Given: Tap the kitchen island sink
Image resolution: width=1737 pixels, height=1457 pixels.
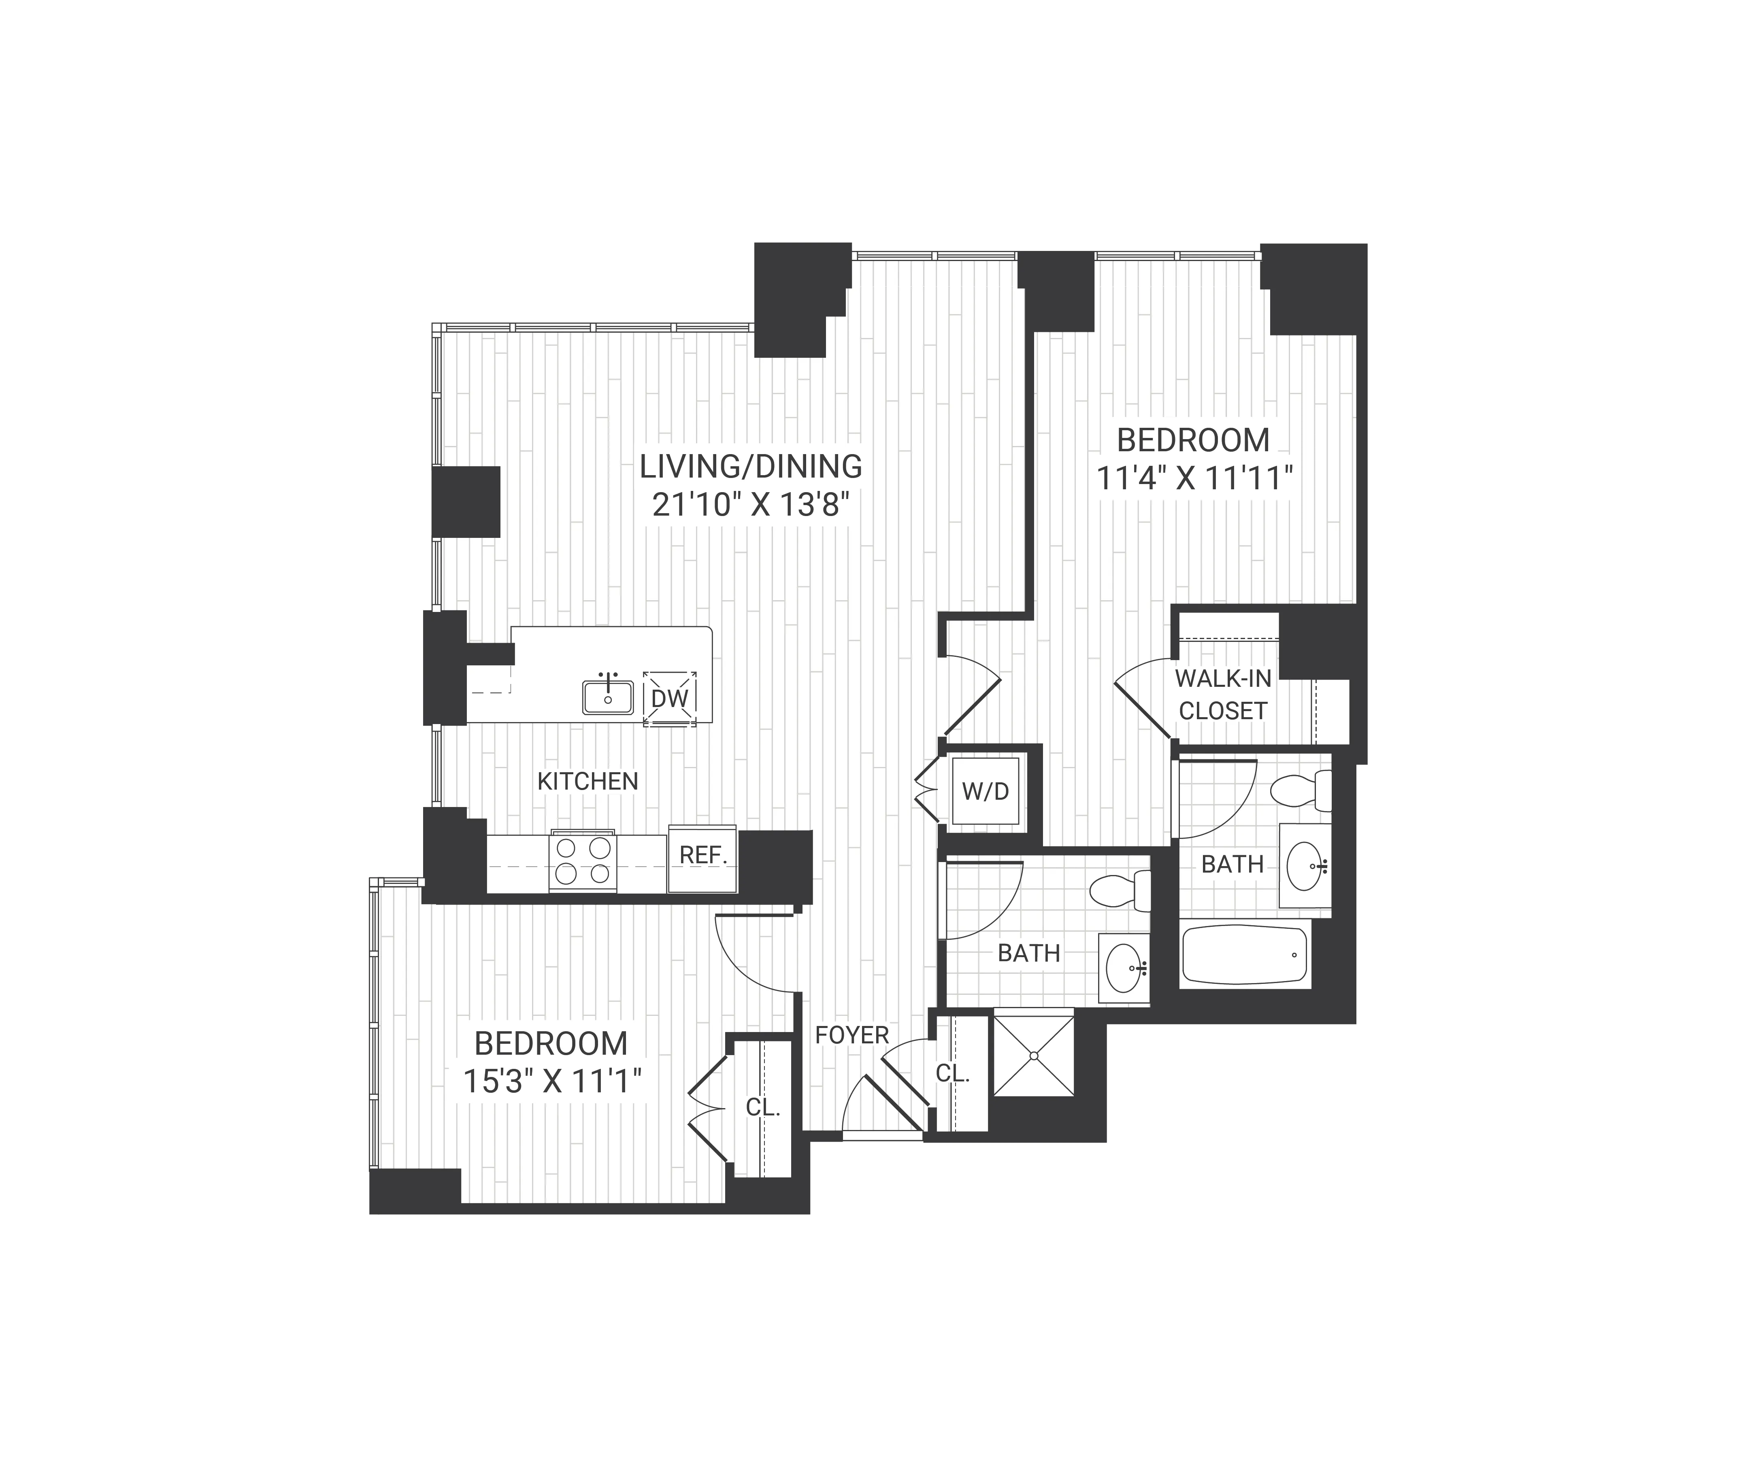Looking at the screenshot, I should (608, 697).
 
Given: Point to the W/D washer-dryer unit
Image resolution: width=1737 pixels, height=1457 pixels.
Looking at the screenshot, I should (985, 791).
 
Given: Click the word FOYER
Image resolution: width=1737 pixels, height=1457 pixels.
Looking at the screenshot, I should (851, 1034).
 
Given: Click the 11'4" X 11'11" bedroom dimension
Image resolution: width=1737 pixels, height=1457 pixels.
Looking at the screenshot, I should (1194, 478).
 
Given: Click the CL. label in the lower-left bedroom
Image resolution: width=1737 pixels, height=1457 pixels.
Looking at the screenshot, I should (763, 1107).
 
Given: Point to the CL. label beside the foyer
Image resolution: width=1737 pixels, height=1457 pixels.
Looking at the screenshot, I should (952, 1073).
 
